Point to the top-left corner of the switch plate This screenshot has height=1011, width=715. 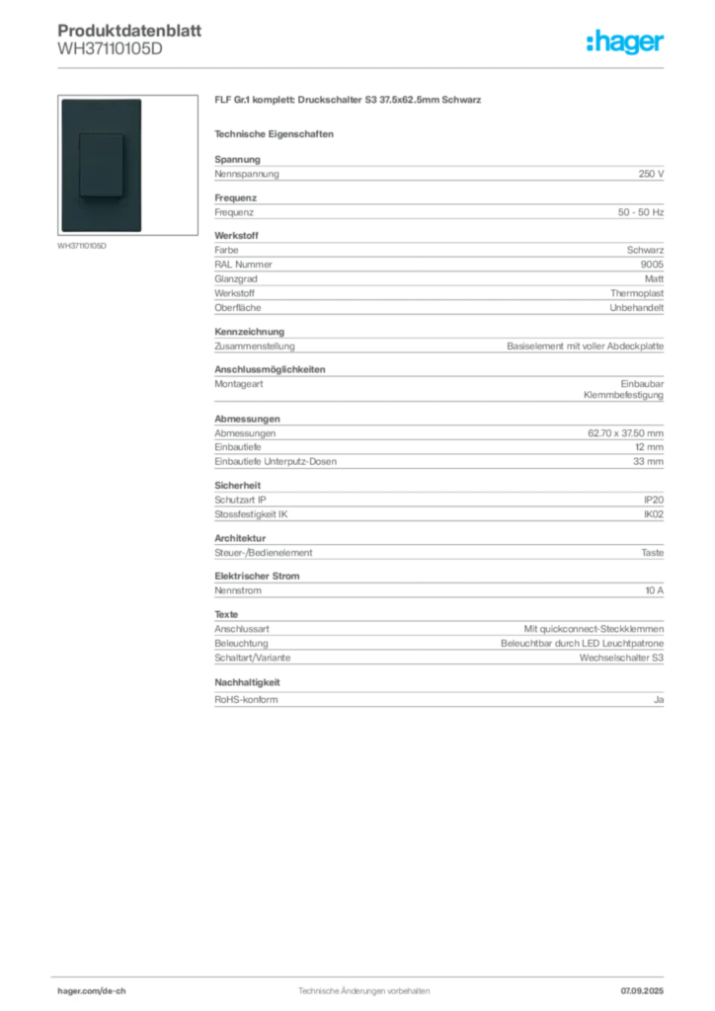61,100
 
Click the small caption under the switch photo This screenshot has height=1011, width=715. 83,247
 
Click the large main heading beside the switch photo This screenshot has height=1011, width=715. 351,103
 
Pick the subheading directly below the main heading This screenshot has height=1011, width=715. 277,133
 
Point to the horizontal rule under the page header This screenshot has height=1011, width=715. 363,67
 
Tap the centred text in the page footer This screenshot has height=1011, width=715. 363,986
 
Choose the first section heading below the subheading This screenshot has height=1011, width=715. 237,155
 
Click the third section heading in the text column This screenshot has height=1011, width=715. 269,367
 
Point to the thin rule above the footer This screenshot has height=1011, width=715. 363,973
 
